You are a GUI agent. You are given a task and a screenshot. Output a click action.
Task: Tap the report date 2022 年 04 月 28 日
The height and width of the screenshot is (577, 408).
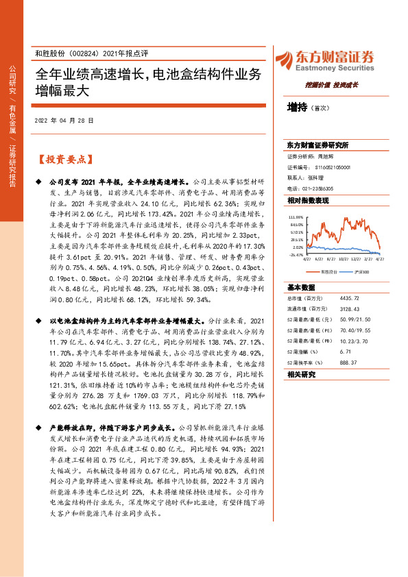coord(64,120)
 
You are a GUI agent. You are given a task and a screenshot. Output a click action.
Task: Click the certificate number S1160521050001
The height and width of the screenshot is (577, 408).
coord(333,167)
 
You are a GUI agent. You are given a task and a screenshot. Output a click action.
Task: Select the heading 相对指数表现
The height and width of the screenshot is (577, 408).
coord(309,200)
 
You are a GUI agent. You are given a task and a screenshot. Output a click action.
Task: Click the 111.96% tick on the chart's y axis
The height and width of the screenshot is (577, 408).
coord(296,215)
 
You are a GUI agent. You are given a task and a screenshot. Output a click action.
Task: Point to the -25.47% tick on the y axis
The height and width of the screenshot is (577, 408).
coord(296,254)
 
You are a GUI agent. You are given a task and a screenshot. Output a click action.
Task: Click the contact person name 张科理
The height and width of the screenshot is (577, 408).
coord(324,177)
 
